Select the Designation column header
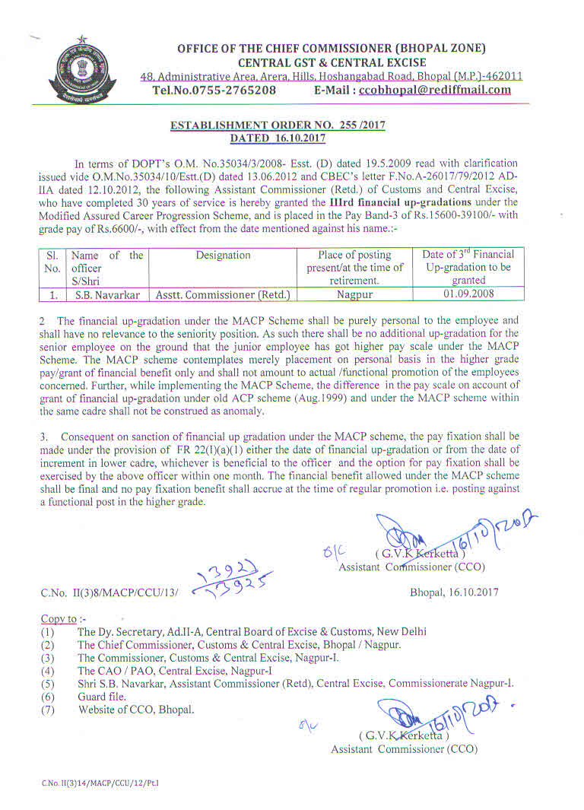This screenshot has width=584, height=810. pyautogui.click(x=223, y=256)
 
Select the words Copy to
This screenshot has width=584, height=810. pyautogui.click(x=59, y=618)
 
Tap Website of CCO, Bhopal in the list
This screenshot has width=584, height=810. pyautogui.click(x=136, y=710)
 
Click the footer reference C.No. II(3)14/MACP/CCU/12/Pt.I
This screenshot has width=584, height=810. pyautogui.click(x=100, y=782)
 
